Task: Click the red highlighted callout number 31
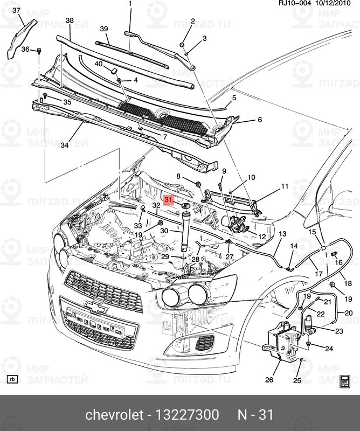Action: click(x=169, y=199)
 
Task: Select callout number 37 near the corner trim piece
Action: click(x=16, y=11)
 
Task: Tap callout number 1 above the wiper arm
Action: click(x=130, y=4)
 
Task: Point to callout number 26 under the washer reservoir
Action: click(x=269, y=380)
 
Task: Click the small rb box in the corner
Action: click(x=13, y=379)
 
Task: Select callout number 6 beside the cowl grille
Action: click(x=259, y=120)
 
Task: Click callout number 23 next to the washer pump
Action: click(x=340, y=331)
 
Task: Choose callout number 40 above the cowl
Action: click(x=99, y=64)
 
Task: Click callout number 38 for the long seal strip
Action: click(x=69, y=20)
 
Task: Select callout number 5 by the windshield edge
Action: click(x=234, y=98)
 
